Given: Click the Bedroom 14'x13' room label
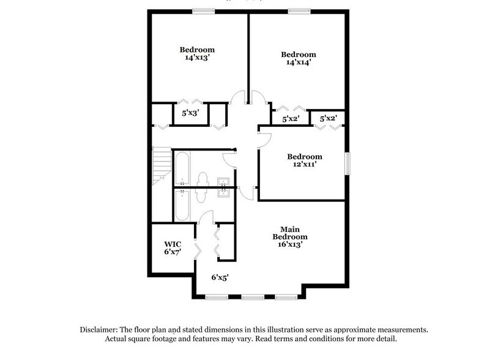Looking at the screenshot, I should (x=196, y=54).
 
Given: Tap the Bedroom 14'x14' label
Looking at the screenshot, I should (x=298, y=58).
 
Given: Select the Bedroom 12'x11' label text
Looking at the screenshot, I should (x=304, y=160).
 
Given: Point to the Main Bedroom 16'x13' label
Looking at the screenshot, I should (x=289, y=236).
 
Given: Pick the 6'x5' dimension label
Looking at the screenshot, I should (x=220, y=277).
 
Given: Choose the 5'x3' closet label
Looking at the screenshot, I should (x=191, y=113).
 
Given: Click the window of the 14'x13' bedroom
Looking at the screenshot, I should (x=203, y=10).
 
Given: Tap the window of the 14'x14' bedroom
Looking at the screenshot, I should (x=299, y=10).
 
